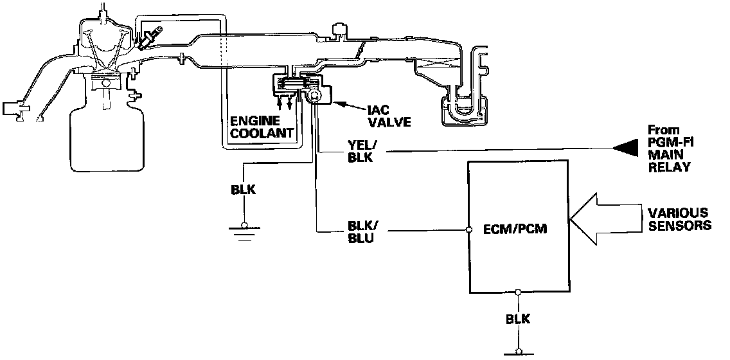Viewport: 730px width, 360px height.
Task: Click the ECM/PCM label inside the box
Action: (515, 230)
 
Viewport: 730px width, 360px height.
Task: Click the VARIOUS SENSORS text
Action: (679, 218)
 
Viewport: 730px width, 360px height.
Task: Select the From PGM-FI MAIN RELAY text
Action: (668, 148)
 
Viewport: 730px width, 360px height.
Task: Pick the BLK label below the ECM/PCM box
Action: (517, 319)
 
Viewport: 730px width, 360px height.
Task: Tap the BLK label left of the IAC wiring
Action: (244, 191)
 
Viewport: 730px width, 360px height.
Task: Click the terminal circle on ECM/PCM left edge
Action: (468, 230)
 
